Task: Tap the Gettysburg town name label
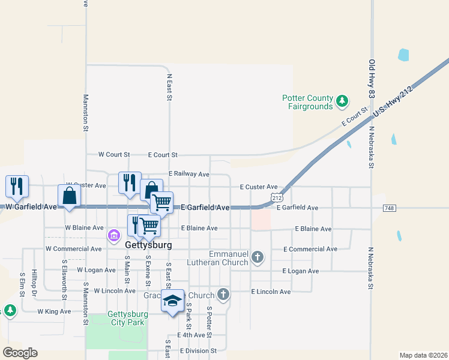[148, 245]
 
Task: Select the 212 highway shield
[277, 197]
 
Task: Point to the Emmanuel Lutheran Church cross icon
[258, 257]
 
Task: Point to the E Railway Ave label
[188, 174]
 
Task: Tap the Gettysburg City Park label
[127, 318]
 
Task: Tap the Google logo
[20, 353]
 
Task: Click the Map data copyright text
[423, 355]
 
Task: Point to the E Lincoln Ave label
[270, 292]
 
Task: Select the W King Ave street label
[54, 311]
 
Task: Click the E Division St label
[196, 350]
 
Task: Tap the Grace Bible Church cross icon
[223, 295]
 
